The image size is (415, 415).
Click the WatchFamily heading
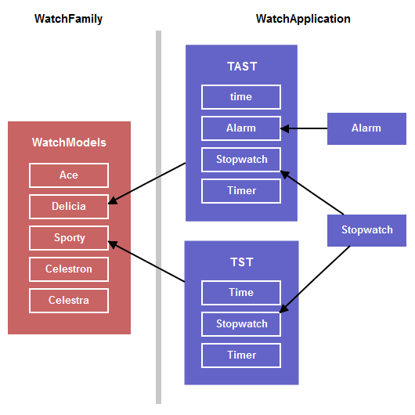click(x=68, y=19)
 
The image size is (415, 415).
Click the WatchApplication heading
click(x=303, y=19)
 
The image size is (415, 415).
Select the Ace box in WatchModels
click(x=69, y=175)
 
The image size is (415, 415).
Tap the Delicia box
click(x=69, y=207)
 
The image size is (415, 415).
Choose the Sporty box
click(x=69, y=238)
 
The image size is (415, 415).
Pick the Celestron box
click(x=69, y=269)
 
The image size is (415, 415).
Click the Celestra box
click(x=69, y=301)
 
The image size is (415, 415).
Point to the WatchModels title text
click(x=69, y=143)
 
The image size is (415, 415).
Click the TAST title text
click(x=241, y=67)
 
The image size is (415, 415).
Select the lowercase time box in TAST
click(x=241, y=96)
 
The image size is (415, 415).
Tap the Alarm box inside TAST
click(x=241, y=128)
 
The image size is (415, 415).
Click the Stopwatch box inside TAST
click(x=241, y=160)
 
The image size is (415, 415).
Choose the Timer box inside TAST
click(x=241, y=191)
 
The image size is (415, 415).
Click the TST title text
click(x=241, y=262)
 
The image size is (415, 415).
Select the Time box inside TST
click(x=241, y=293)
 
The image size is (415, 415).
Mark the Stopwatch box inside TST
click(x=241, y=324)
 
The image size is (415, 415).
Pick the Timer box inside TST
click(x=241, y=355)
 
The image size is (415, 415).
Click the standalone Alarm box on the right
click(x=366, y=128)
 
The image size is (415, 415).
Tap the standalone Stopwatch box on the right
click(x=366, y=230)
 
